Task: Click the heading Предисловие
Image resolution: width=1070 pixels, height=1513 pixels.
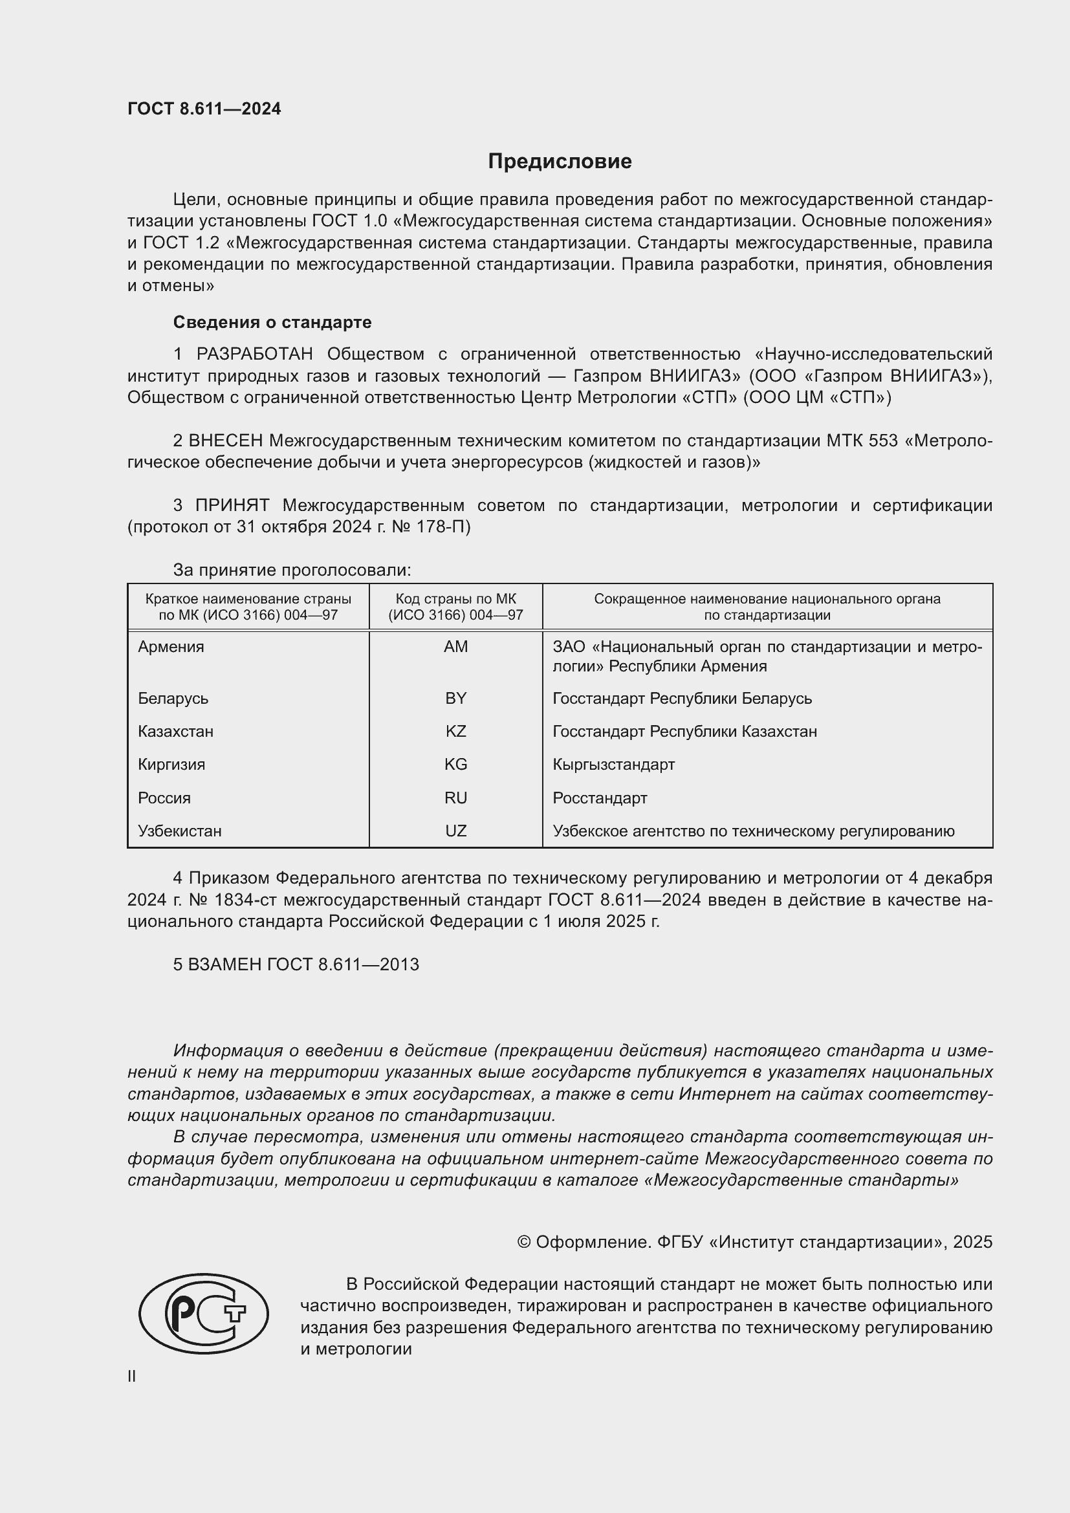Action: pos(560,162)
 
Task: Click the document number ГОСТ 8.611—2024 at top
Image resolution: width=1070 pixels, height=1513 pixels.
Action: pos(204,109)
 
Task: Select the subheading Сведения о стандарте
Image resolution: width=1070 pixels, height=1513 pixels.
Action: pos(272,322)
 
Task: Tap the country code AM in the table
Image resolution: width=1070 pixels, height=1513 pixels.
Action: pos(455,646)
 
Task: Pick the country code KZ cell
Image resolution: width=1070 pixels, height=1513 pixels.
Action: pos(455,732)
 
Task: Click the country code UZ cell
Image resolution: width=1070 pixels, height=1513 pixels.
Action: pos(455,831)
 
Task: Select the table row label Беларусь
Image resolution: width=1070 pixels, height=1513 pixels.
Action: pos(173,699)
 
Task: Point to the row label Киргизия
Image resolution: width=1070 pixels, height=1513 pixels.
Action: pos(171,765)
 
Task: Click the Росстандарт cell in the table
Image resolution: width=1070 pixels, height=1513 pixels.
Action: pos(600,798)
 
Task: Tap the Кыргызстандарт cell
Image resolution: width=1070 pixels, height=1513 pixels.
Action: pos(613,765)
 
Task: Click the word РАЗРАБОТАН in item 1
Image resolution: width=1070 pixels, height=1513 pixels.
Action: pos(254,354)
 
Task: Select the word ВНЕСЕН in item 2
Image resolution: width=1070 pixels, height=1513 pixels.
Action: pos(225,441)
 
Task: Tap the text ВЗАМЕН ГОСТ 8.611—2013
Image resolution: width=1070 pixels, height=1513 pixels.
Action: pos(296,964)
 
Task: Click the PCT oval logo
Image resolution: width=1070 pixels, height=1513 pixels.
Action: pos(204,1314)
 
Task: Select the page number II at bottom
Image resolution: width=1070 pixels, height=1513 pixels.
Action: pos(132,1377)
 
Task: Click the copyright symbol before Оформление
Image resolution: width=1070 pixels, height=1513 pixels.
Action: pos(524,1242)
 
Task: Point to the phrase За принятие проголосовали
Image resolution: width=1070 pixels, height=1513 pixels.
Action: pos(292,570)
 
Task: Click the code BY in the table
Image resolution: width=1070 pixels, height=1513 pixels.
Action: pos(455,699)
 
